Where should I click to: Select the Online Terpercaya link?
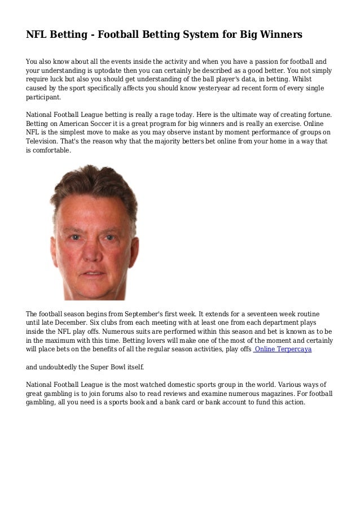(283, 350)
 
